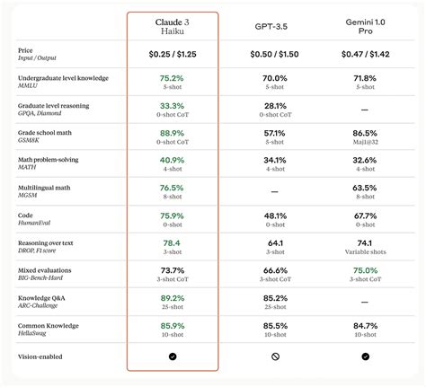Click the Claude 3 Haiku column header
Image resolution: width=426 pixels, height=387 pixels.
(x=172, y=26)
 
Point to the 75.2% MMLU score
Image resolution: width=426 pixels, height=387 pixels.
(x=172, y=79)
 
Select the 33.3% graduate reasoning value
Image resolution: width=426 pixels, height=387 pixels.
(x=172, y=107)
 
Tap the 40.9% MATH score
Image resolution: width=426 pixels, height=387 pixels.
(x=172, y=162)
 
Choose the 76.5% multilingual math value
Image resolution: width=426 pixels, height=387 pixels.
(x=172, y=189)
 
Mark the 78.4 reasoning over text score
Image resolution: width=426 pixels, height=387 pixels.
(x=172, y=243)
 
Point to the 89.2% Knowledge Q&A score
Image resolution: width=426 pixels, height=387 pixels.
(x=172, y=298)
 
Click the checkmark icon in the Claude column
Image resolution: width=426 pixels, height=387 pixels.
(x=172, y=356)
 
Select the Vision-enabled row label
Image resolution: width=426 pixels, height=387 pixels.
(x=45, y=356)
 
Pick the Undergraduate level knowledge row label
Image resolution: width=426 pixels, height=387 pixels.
(x=62, y=78)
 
